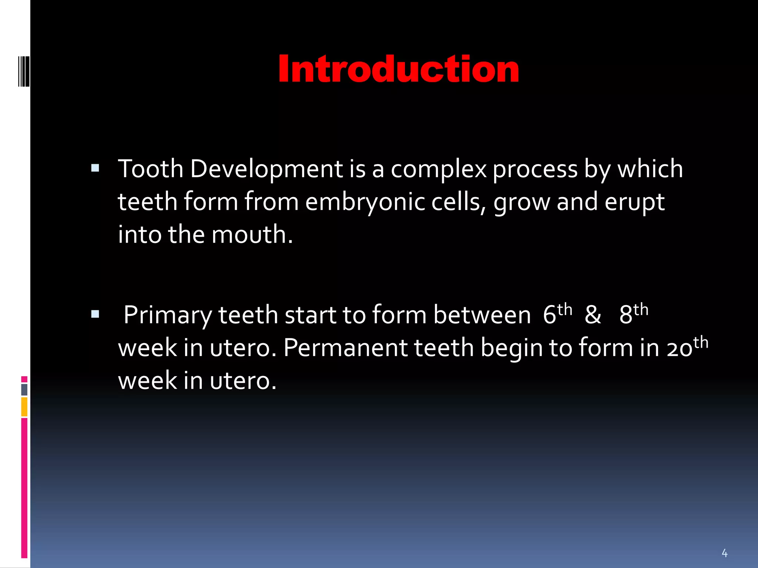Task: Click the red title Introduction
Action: [398, 70]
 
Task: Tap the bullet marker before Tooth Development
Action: [95, 169]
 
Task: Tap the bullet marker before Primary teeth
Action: [95, 315]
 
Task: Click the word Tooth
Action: [151, 169]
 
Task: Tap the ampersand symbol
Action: [593, 315]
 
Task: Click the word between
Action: [482, 315]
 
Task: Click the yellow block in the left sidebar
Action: [24, 406]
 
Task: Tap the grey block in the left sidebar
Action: [24, 389]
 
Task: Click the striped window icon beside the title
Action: [24, 71]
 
